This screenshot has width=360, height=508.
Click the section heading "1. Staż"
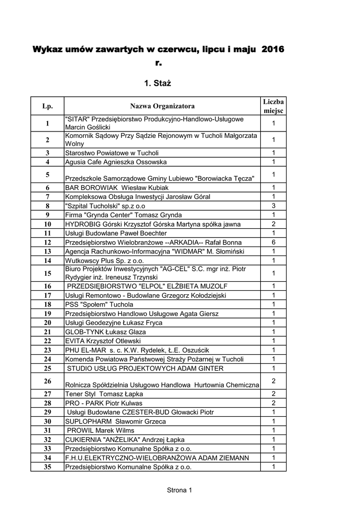(157, 83)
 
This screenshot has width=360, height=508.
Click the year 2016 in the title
(273, 50)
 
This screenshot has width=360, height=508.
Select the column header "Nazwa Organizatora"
(162, 106)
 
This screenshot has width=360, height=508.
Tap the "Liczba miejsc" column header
(273, 106)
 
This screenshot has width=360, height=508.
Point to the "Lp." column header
(48, 106)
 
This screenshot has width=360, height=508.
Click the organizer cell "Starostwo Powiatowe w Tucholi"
(112, 153)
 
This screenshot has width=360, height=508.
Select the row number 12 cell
(48, 243)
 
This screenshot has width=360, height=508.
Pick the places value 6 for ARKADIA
(273, 243)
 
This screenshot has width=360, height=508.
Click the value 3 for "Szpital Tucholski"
(273, 206)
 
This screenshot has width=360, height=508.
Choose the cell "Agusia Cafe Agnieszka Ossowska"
(116, 162)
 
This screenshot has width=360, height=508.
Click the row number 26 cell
(48, 381)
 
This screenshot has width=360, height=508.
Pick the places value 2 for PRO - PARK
(273, 403)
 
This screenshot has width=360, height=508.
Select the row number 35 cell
(48, 467)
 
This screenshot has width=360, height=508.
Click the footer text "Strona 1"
(179, 491)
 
